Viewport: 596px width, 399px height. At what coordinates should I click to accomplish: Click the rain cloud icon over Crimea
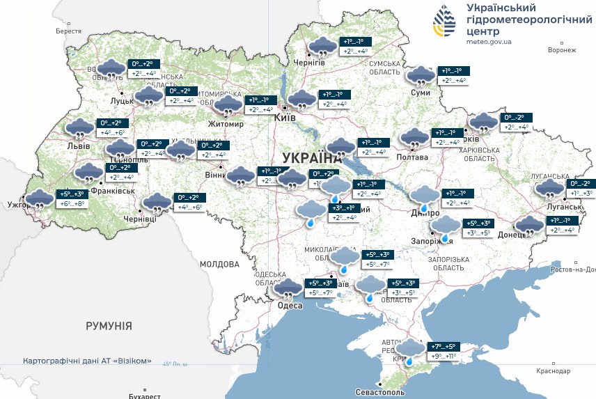(411, 350)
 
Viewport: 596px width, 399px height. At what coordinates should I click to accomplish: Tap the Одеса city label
(290, 306)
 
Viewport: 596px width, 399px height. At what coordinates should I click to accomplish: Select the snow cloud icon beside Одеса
(288, 288)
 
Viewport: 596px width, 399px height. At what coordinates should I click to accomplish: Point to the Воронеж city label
(562, 50)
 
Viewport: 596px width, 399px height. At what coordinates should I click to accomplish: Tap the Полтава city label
(413, 157)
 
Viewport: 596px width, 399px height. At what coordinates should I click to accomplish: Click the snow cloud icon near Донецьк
(529, 226)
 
